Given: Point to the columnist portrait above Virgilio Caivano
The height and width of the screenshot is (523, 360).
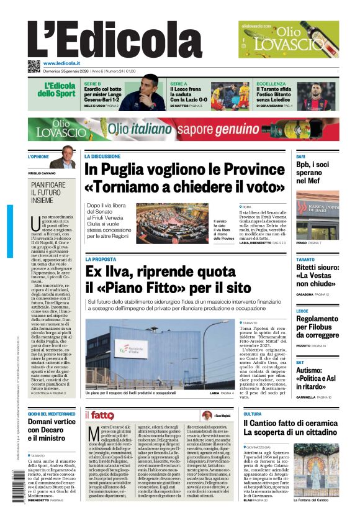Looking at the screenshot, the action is (64, 157).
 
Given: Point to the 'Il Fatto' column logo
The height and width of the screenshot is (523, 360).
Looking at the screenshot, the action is (99, 415).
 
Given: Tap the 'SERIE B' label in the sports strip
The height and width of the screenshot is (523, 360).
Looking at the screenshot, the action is (92, 83).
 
